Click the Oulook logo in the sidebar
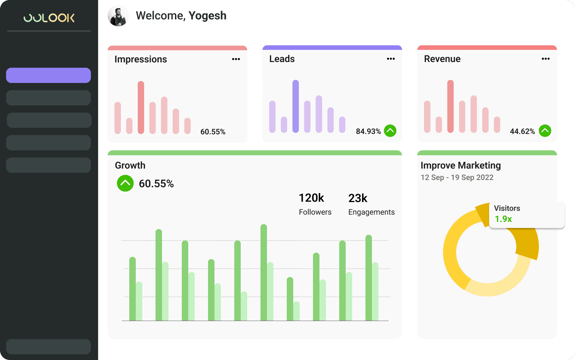[x=49, y=18]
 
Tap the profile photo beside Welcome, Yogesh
[x=118, y=16]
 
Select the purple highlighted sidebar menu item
[x=48, y=75]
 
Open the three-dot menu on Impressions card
[x=236, y=59]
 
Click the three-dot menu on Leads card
[x=391, y=59]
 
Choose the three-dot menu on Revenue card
[x=545, y=59]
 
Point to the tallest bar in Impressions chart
[x=141, y=107]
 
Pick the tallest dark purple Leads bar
[x=295, y=106]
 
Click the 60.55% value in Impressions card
[x=213, y=132]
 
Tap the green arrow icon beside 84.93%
[x=390, y=131]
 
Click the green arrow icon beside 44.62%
[x=545, y=131]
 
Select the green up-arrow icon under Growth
[x=125, y=183]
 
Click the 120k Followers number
[x=311, y=198]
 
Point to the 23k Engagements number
[x=357, y=198]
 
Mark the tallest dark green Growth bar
[x=264, y=272]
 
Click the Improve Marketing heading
[x=461, y=166]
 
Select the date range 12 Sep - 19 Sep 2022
[x=457, y=177]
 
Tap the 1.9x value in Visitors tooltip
[x=503, y=219]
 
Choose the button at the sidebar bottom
[x=48, y=347]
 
